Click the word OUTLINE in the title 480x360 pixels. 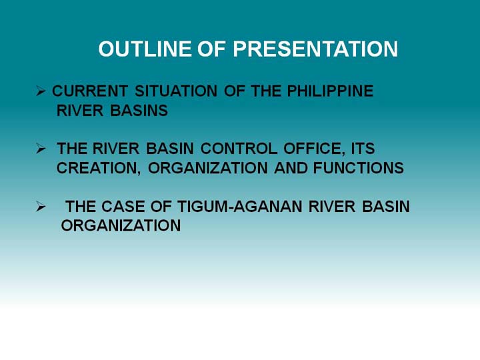(x=145, y=49)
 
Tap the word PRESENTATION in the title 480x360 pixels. (x=315, y=49)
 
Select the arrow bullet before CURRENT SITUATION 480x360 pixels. (x=41, y=91)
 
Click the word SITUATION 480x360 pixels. (x=176, y=91)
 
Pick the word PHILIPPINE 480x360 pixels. (x=330, y=91)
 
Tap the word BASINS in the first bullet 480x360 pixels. (x=139, y=111)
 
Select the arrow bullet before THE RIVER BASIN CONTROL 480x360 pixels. (x=41, y=149)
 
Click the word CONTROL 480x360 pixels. (x=239, y=149)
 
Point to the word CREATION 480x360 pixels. (x=99, y=169)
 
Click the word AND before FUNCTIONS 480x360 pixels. (x=291, y=168)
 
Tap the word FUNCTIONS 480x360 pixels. (x=359, y=168)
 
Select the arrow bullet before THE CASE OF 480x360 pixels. (x=41, y=206)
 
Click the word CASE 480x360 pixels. (x=123, y=206)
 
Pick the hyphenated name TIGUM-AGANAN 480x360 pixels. (x=240, y=206)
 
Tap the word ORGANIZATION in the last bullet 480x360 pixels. (x=121, y=225)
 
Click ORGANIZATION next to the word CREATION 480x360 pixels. (x=208, y=168)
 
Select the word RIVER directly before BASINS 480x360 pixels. (x=80, y=111)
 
